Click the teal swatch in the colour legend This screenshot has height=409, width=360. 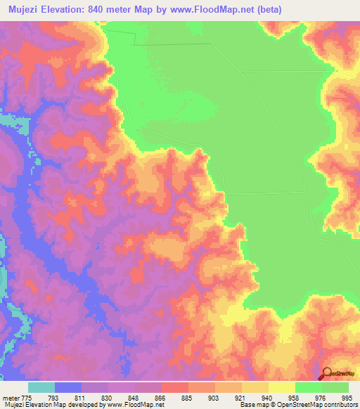pyautogui.click(x=41, y=387)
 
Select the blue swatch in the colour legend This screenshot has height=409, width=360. pyautogui.click(x=68, y=387)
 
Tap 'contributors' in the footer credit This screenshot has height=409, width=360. pyautogui.click(x=340, y=405)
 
